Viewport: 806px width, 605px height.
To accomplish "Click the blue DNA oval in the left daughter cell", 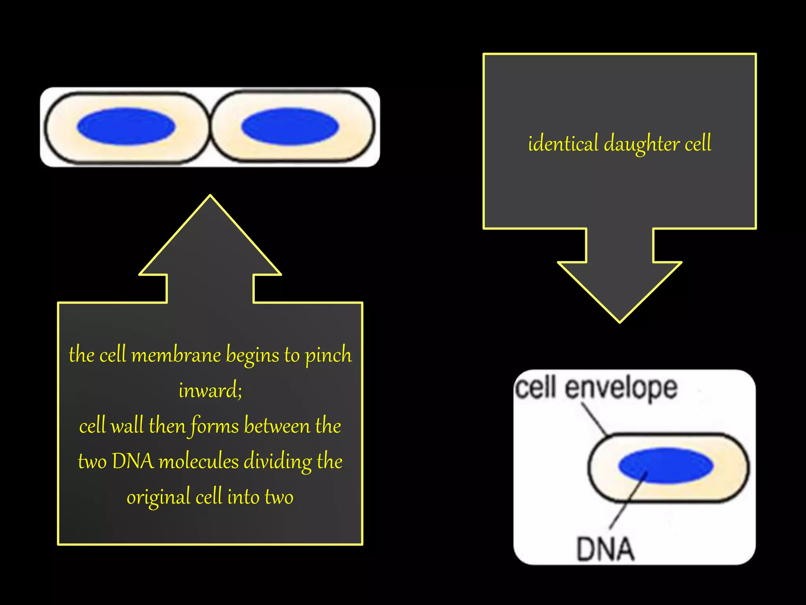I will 126,126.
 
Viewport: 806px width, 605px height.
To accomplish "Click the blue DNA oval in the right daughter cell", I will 290,126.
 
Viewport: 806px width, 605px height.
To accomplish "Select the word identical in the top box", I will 563,143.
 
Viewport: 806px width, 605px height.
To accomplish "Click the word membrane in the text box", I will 176,355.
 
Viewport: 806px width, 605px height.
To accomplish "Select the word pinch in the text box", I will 328,355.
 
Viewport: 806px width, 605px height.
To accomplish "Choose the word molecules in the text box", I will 198,462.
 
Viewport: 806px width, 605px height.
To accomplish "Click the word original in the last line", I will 158,497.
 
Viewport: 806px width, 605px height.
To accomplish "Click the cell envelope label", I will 596,388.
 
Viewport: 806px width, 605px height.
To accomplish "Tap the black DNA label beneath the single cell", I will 605,549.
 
